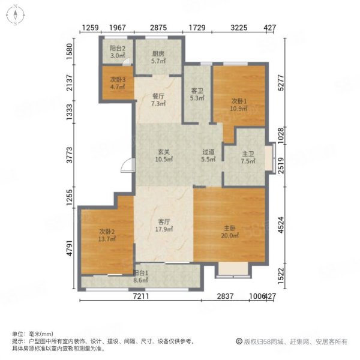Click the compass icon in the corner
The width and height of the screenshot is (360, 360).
[x=15, y=15]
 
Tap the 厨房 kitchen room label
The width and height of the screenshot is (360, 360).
[x=158, y=54]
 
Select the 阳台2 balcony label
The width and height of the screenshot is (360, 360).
[x=118, y=48]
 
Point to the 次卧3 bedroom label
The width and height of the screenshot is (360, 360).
[x=118, y=80]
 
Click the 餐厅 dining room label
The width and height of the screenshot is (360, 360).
[x=158, y=96]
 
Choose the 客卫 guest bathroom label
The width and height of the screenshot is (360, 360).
[x=197, y=91]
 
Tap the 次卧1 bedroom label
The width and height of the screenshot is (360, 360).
[x=239, y=101]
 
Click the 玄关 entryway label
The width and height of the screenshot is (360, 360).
[x=164, y=152]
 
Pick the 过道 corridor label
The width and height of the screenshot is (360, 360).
[x=208, y=152]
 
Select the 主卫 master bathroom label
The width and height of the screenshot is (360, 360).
[x=248, y=154]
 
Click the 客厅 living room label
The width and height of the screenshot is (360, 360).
[x=164, y=221]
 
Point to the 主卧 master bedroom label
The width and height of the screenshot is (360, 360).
[x=230, y=228]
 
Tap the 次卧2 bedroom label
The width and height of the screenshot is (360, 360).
[x=107, y=232]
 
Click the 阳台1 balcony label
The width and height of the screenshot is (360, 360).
[x=141, y=273]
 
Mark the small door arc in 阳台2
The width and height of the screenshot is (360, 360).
[x=126, y=61]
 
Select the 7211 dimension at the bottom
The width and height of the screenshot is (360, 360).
[x=141, y=296]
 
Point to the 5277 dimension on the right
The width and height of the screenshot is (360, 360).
[x=281, y=83]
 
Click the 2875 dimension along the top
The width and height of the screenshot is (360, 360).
[x=158, y=28]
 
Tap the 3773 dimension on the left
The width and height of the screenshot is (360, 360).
[x=69, y=155]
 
